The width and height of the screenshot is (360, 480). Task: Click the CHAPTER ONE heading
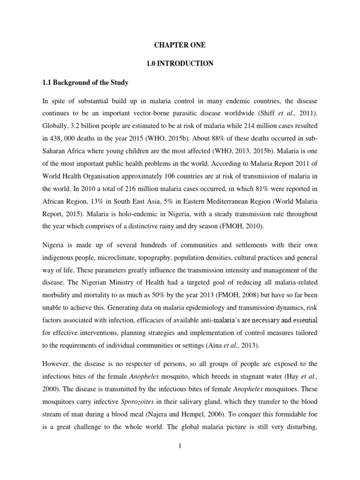(180, 45)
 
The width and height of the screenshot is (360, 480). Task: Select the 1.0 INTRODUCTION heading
(180, 63)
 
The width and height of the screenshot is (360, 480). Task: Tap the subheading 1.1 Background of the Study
(85, 82)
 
